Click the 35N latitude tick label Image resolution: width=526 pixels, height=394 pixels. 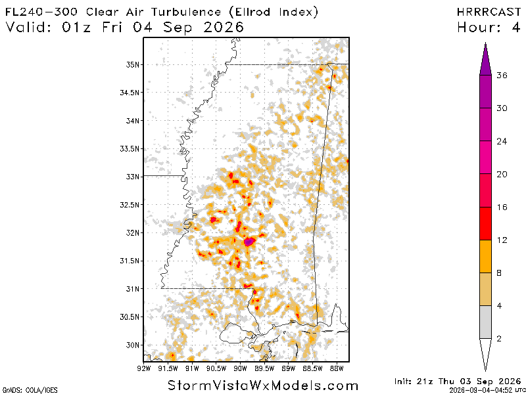(132, 64)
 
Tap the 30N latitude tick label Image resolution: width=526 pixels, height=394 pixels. (132, 345)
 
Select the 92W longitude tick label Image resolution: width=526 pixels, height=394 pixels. (143, 368)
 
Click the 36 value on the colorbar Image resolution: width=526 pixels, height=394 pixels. (502, 76)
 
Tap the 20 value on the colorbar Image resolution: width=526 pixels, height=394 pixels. (502, 174)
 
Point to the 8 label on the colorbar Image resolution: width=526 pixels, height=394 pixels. (499, 273)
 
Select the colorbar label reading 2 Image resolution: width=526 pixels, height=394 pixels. (499, 339)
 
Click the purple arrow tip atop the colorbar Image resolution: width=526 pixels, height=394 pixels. (485, 43)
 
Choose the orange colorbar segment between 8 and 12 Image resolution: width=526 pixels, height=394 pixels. (485, 256)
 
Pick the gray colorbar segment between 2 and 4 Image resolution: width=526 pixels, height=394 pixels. (485, 322)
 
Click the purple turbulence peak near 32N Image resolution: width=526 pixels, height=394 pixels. (249, 241)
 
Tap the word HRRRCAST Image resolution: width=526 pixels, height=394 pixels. (489, 12)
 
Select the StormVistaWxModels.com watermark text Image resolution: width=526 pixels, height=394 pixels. (263, 385)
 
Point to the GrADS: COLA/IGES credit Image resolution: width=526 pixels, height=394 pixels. (29, 390)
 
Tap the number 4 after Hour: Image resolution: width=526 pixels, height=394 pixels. (515, 27)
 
